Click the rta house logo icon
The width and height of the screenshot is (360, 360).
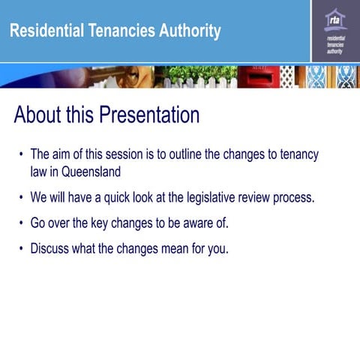coord(335,19)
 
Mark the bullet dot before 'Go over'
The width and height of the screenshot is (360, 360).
coord(20,223)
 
